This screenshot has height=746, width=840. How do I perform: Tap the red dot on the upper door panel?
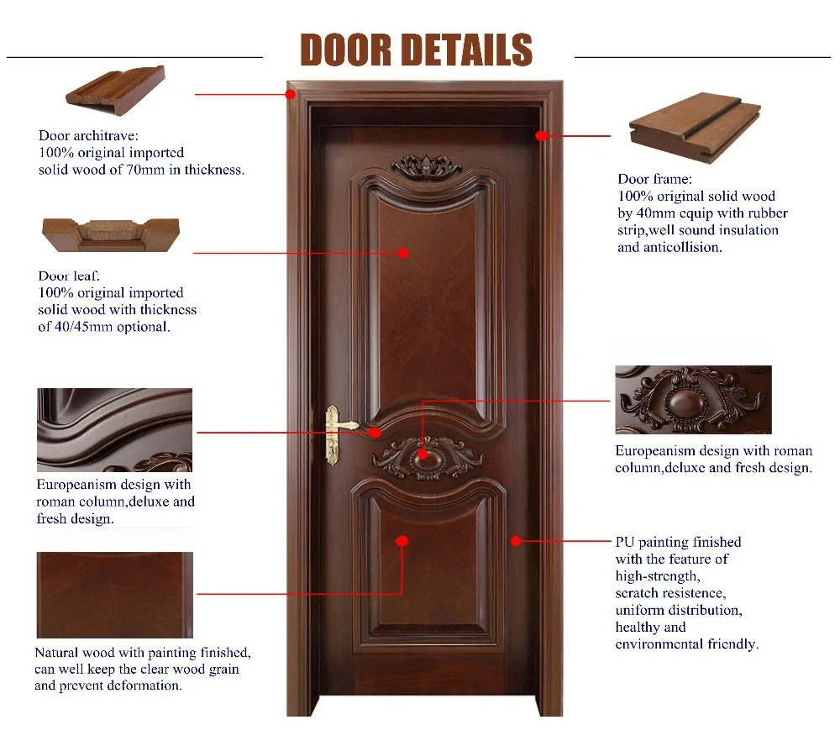tap(403, 252)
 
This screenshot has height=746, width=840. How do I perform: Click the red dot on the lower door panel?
tap(402, 542)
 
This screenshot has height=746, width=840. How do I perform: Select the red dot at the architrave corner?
tap(291, 94)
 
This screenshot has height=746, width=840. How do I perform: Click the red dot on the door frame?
tap(542, 134)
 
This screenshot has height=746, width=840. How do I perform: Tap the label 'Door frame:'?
tap(655, 179)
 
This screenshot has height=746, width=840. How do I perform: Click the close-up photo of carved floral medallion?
tap(693, 400)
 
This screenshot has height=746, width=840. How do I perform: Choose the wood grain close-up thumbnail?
tap(114, 595)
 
